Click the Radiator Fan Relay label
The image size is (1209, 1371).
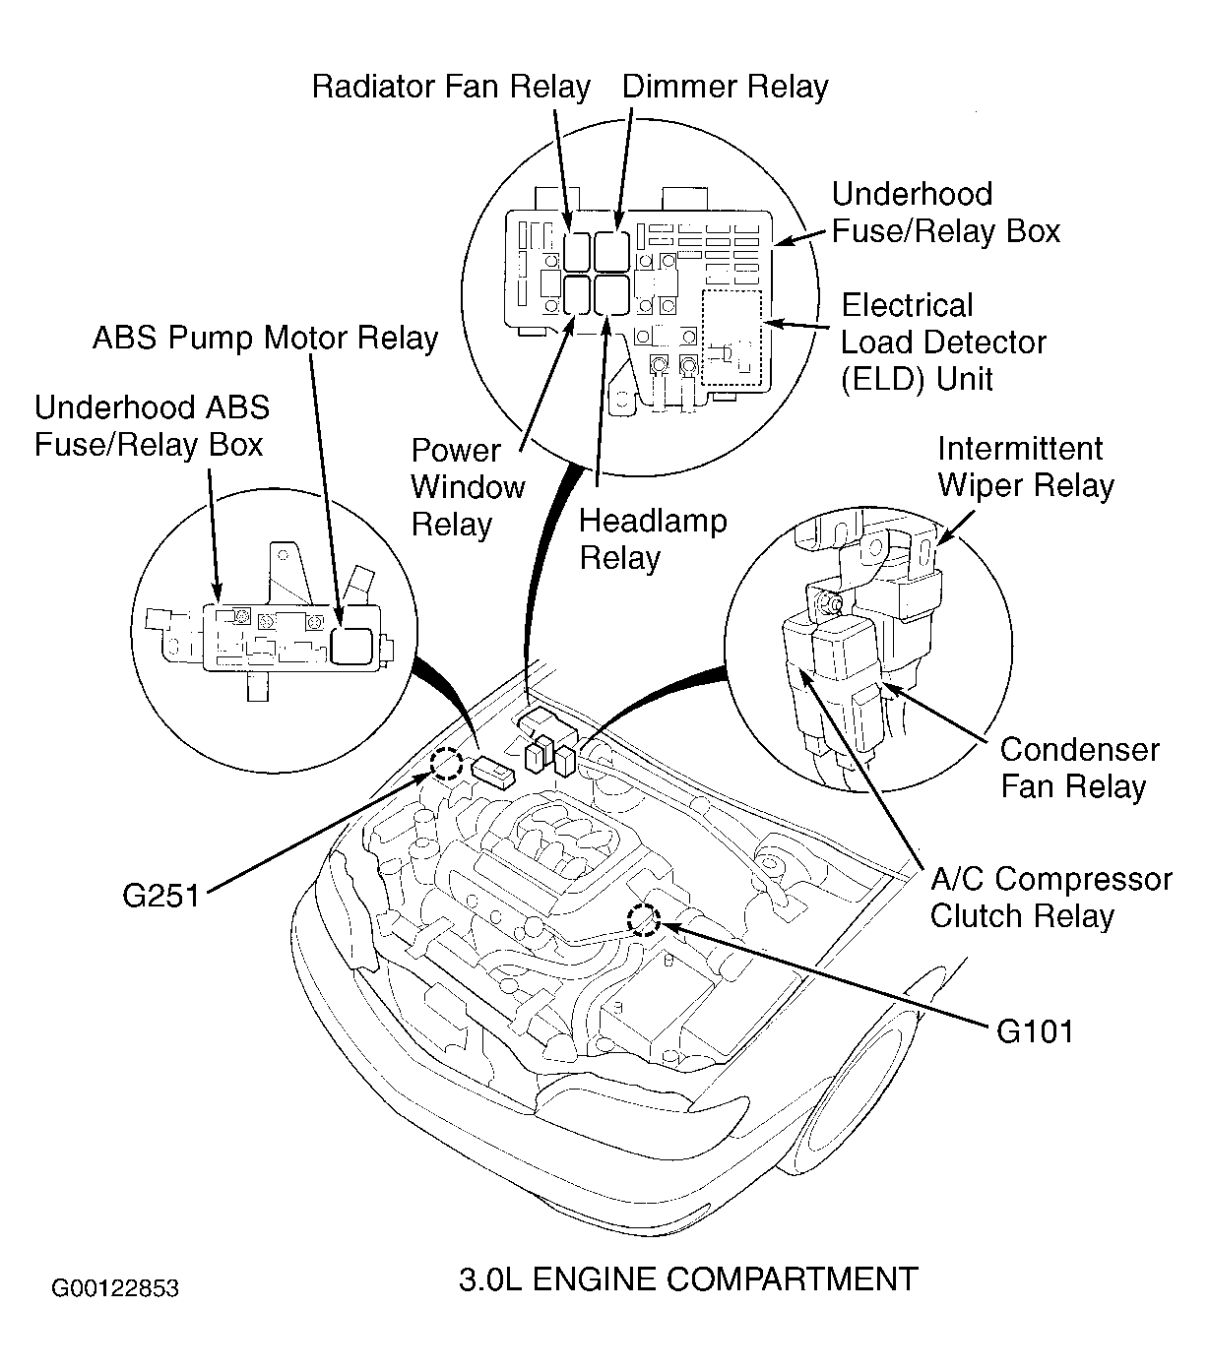pyautogui.click(x=450, y=87)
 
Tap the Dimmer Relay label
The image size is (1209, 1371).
pyautogui.click(x=725, y=87)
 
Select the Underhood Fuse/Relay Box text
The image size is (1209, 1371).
pyautogui.click(x=945, y=213)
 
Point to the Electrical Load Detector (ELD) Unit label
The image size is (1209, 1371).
pyautogui.click(x=942, y=343)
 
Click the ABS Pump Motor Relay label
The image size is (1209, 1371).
pyautogui.click(x=265, y=339)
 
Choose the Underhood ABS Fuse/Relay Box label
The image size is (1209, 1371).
pyautogui.click(x=151, y=426)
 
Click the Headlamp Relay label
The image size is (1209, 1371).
pyautogui.click(x=652, y=539)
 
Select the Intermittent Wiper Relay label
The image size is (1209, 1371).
pyautogui.click(x=1025, y=467)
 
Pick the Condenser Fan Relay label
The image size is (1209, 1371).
pyautogui.click(x=1079, y=768)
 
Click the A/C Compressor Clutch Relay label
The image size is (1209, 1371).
pyautogui.click(x=1050, y=898)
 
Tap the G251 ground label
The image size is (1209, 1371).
pyautogui.click(x=160, y=896)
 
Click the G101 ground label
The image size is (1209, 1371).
pyautogui.click(x=1035, y=1030)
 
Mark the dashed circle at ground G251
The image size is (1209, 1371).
pyautogui.click(x=445, y=764)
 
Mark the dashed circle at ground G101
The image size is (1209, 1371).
pyautogui.click(x=644, y=918)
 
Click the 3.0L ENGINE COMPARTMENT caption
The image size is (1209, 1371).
pyautogui.click(x=688, y=1278)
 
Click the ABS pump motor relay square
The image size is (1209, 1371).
pyautogui.click(x=352, y=645)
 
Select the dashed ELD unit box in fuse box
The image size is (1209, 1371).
pyautogui.click(x=732, y=338)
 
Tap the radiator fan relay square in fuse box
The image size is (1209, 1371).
pyautogui.click(x=577, y=250)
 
